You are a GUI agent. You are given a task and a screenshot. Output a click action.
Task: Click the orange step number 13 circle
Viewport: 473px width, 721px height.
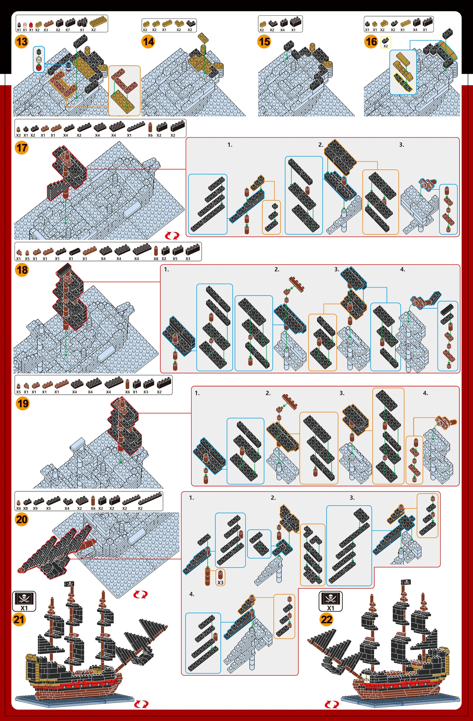pos(21,41)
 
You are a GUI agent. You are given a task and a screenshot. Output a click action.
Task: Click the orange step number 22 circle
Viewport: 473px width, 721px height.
pos(326,619)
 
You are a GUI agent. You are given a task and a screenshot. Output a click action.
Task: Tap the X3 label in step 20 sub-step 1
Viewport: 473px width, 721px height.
pos(220,583)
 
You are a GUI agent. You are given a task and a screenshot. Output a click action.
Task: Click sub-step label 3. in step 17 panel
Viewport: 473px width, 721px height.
pos(401,145)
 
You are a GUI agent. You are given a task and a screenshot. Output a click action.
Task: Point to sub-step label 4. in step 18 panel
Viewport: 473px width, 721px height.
pos(402,269)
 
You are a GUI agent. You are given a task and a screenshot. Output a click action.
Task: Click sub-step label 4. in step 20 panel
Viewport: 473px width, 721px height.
pos(192,594)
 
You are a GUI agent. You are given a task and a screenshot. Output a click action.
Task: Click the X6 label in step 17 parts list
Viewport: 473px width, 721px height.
pos(150,135)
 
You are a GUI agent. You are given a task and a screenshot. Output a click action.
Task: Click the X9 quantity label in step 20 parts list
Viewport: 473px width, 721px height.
pos(35,508)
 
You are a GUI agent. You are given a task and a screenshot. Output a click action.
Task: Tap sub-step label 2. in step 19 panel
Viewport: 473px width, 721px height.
pos(268,393)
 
